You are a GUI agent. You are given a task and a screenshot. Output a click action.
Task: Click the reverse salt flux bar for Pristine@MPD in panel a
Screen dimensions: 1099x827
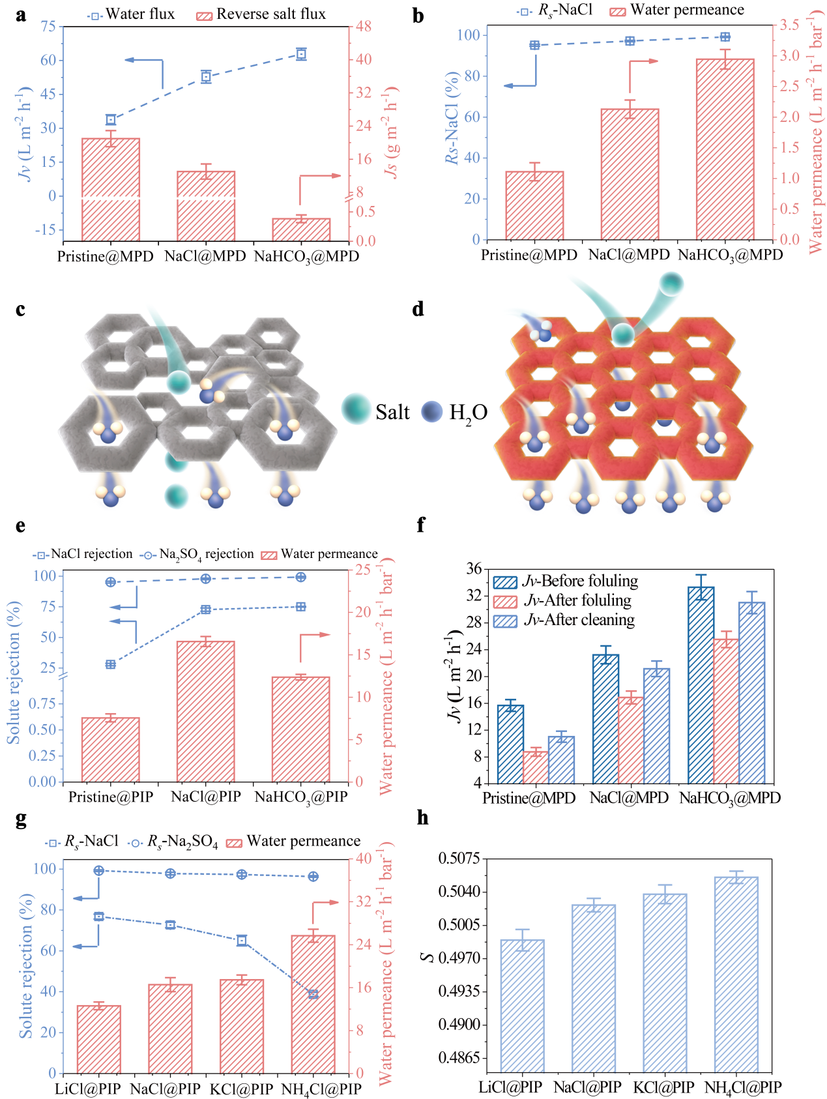(111, 189)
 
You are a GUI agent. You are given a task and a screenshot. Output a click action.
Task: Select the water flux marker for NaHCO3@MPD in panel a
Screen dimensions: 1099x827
(301, 54)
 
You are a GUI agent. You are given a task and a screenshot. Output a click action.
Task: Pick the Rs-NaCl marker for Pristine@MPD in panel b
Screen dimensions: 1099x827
(535, 45)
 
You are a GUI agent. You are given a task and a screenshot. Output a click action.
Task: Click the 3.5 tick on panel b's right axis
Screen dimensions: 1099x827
(791, 25)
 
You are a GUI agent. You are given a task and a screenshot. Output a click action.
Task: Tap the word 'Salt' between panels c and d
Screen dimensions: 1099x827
(392, 412)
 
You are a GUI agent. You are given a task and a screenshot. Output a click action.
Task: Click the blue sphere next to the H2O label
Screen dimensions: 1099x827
(432, 411)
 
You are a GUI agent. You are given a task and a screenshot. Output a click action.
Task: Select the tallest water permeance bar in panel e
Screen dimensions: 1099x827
(206, 711)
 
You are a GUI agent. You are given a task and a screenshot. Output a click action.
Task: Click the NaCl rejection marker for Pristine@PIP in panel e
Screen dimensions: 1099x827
(111, 664)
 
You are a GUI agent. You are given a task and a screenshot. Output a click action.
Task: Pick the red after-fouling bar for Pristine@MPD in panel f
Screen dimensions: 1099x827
(536, 767)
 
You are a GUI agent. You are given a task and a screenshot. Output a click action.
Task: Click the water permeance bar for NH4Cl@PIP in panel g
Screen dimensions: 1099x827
(313, 1004)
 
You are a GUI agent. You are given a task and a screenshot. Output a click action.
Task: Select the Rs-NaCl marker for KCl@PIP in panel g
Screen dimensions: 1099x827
(242, 941)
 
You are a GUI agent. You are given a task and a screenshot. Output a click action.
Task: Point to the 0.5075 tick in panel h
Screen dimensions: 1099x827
(458, 858)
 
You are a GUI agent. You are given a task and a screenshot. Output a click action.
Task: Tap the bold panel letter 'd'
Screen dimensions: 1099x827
(418, 309)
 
